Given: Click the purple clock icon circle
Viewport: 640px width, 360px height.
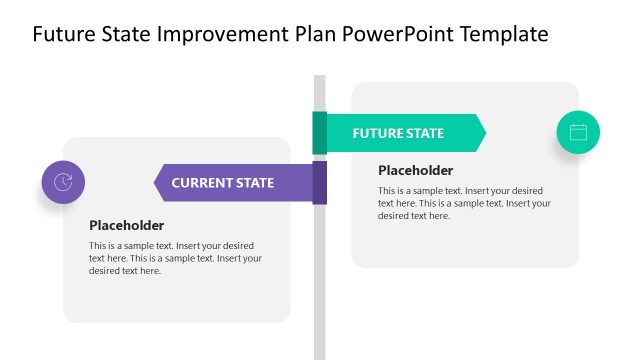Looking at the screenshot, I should point(63,182).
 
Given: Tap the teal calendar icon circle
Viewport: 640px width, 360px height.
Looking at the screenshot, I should point(578,132).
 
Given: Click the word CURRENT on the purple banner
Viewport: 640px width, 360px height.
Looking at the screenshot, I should point(200,183).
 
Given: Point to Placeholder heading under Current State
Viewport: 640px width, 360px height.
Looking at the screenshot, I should point(126,225).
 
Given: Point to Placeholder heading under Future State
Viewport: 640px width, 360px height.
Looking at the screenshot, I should point(415,170).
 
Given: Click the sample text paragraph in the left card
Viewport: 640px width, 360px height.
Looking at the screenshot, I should point(175,258).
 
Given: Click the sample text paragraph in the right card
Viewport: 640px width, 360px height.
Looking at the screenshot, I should point(464,203).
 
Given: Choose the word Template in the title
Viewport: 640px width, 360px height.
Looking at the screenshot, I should point(501,34).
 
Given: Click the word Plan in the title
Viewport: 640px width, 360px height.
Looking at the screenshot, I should point(314,34).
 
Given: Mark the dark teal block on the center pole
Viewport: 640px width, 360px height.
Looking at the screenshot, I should point(320,133).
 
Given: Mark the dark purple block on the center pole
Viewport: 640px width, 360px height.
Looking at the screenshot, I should point(320,183).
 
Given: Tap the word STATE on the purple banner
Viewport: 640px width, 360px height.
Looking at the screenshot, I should point(253,183).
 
